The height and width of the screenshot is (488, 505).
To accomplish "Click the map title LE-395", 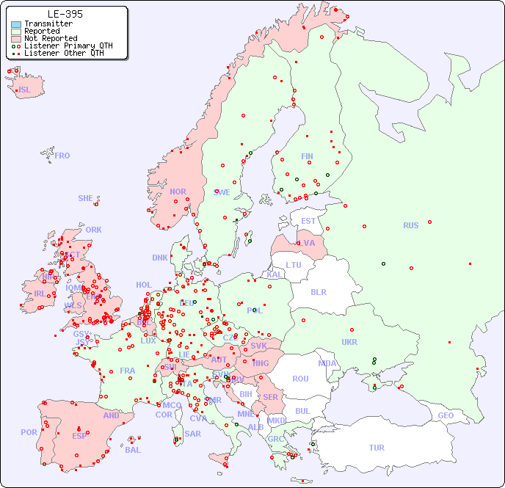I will click(x=65, y=14).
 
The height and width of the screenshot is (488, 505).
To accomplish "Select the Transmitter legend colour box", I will click(x=16, y=24).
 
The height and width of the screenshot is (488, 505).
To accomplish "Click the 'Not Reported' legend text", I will click(x=51, y=38).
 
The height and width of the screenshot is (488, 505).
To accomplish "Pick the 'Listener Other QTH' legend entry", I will click(x=68, y=52).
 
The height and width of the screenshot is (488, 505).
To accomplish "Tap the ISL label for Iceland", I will click(x=25, y=90).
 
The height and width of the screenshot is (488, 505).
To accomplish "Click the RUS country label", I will click(x=410, y=225).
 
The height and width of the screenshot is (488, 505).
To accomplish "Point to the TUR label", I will click(x=377, y=448).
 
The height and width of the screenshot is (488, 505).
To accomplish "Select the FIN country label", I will click(x=307, y=156).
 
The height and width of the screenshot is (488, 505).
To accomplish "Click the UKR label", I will click(x=349, y=342).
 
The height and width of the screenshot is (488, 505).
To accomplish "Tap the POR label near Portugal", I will click(x=29, y=432).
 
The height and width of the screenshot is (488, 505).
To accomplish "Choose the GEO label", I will click(x=446, y=415).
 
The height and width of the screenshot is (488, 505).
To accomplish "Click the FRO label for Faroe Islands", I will click(x=62, y=156).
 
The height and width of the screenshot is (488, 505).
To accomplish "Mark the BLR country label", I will click(x=318, y=291).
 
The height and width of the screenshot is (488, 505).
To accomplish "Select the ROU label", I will click(x=300, y=379).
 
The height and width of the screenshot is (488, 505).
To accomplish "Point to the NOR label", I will click(x=178, y=192).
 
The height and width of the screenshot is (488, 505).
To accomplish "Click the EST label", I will click(x=308, y=221).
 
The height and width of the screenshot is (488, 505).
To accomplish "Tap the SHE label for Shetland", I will click(x=86, y=198).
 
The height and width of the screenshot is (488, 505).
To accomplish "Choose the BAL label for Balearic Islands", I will click(x=132, y=450).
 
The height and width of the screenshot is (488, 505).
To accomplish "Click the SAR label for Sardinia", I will click(x=192, y=433).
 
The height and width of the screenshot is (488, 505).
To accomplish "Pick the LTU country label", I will click(x=294, y=265).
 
